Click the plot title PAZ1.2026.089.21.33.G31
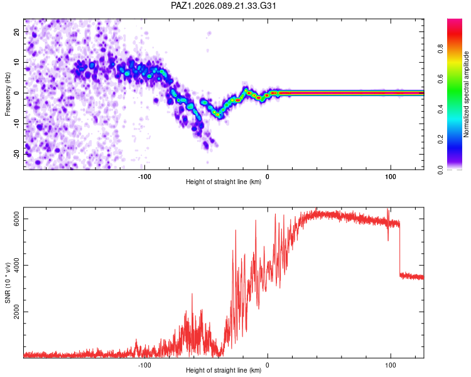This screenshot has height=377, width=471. tap(224, 6)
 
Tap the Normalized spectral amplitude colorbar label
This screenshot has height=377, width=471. tap(467, 94)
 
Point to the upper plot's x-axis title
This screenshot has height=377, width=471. tap(224, 182)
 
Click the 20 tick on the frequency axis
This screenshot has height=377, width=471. tap(16, 32)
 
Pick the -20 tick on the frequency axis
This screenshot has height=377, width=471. tap(16, 154)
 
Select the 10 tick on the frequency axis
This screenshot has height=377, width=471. tap(16, 63)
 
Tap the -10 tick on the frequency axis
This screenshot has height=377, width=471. tap(16, 124)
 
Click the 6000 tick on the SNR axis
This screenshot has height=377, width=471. tap(16, 219)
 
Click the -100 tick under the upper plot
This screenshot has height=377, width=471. tap(145, 176)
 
